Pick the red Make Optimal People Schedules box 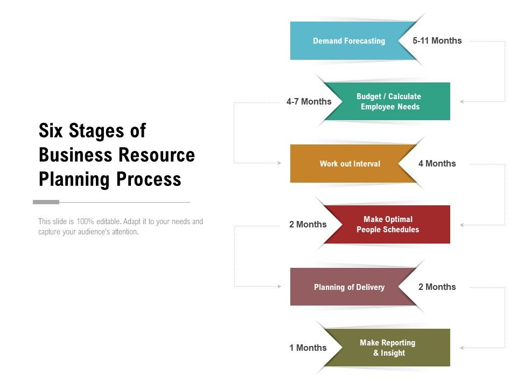point(388,225)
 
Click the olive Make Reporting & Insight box point(388,348)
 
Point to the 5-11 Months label point(437,41)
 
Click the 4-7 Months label point(309,102)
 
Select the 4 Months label point(437,164)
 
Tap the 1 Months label point(308,348)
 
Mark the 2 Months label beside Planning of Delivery point(437,287)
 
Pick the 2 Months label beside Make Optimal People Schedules point(308,225)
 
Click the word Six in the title point(52,131)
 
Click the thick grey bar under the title point(46,202)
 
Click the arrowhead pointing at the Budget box point(462,101)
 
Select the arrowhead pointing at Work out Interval point(279,163)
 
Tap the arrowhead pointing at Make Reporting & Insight point(462,348)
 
